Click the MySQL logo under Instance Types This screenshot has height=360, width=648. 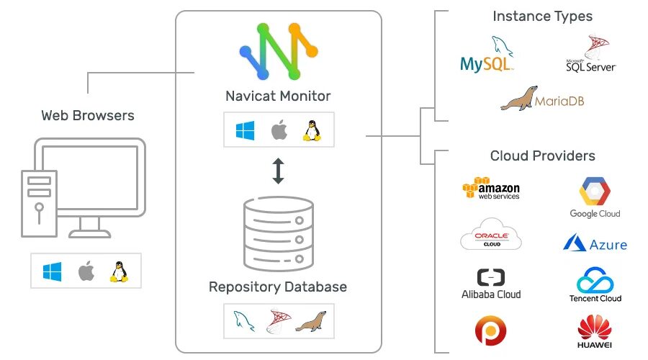487,55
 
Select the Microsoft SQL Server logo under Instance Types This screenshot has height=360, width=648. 591,54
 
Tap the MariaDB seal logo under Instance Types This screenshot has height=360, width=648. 542,99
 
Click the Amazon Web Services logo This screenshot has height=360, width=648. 491,189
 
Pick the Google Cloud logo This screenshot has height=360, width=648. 595,197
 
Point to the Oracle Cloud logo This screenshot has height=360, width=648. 491,234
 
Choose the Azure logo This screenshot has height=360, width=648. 595,243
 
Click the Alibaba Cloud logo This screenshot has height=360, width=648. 491,284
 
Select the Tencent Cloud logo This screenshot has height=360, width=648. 595,285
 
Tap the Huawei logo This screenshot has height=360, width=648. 595,331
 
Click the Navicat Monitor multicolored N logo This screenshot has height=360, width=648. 279,51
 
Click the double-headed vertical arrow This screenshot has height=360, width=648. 278,171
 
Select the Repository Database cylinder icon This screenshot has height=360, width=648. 279,233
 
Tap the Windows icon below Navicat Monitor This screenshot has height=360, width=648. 245,130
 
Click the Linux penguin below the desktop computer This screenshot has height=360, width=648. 119,271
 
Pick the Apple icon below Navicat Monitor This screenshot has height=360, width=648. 279,130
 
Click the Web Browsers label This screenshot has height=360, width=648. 88,115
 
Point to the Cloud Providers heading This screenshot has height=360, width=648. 543,156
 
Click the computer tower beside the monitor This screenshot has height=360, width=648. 40,204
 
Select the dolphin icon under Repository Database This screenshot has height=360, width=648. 244,321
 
